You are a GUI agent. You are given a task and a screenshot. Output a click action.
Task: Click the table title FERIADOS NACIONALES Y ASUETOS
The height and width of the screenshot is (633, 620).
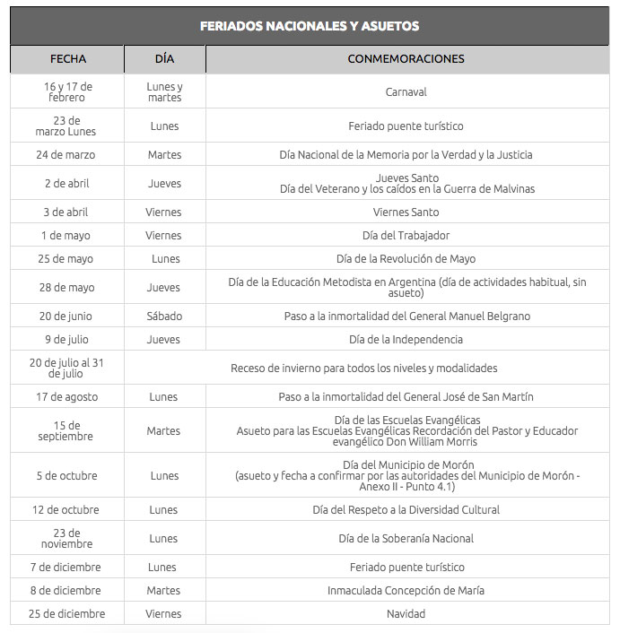(310, 26)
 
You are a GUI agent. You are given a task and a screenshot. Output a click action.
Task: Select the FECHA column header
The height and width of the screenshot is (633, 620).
(68, 59)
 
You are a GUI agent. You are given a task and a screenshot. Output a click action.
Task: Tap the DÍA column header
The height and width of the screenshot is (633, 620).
(164, 59)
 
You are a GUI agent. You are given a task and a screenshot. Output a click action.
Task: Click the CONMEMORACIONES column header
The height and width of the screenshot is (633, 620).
(406, 59)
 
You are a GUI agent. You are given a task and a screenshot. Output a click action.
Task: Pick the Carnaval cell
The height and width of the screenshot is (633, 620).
(406, 91)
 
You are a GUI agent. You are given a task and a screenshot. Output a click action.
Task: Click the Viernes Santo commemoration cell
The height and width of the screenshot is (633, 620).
(406, 212)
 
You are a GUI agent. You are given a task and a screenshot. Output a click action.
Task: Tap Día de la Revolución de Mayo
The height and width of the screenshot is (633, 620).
(406, 259)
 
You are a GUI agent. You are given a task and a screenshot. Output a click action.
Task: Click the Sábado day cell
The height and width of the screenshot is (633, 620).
(164, 316)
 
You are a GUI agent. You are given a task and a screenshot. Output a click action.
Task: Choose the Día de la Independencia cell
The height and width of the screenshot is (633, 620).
(406, 340)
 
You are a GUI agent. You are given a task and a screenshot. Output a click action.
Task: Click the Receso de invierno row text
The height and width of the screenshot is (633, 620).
(363, 368)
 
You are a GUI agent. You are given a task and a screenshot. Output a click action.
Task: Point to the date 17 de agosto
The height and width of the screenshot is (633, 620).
(67, 396)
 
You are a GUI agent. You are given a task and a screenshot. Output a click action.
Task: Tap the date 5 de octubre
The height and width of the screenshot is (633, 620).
(67, 475)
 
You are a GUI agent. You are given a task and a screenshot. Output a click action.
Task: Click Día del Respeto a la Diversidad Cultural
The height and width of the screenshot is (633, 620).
(406, 509)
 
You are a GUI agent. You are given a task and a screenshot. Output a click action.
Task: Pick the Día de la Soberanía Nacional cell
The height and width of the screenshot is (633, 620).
(406, 538)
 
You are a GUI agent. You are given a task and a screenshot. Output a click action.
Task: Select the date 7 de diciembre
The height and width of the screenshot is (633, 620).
(67, 567)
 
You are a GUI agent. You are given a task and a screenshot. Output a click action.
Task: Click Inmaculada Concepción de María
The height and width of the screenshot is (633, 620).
(406, 590)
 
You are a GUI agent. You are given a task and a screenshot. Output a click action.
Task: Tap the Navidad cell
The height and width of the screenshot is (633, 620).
(406, 613)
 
